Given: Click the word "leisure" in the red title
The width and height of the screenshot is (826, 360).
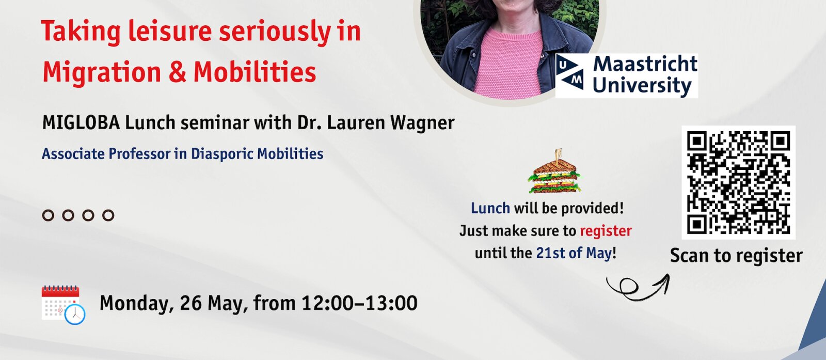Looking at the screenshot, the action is [170, 32].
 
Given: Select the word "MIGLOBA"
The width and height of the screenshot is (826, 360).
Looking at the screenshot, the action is [81, 123].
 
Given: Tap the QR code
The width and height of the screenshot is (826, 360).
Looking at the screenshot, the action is [738, 182].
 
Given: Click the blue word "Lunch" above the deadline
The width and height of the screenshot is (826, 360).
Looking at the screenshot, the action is [490, 208].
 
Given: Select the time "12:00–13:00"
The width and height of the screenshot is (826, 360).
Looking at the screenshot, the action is [359, 303].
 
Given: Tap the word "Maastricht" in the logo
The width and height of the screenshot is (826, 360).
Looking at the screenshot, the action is [645, 64].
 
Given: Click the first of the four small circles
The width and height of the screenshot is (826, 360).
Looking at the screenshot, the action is [48, 215].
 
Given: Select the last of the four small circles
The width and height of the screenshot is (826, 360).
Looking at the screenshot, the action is [108, 215].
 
